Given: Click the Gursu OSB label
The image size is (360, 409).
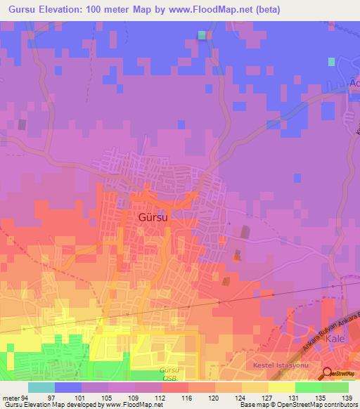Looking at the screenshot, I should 169,373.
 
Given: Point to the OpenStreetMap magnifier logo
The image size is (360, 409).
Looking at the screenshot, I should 327,374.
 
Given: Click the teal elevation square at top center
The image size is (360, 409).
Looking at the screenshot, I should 202,34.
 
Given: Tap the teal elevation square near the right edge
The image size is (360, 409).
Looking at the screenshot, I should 331,62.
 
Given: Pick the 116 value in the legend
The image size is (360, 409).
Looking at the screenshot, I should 188,397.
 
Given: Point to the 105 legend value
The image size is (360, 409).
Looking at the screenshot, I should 108,397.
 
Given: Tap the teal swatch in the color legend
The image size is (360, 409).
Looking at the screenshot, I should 41,387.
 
